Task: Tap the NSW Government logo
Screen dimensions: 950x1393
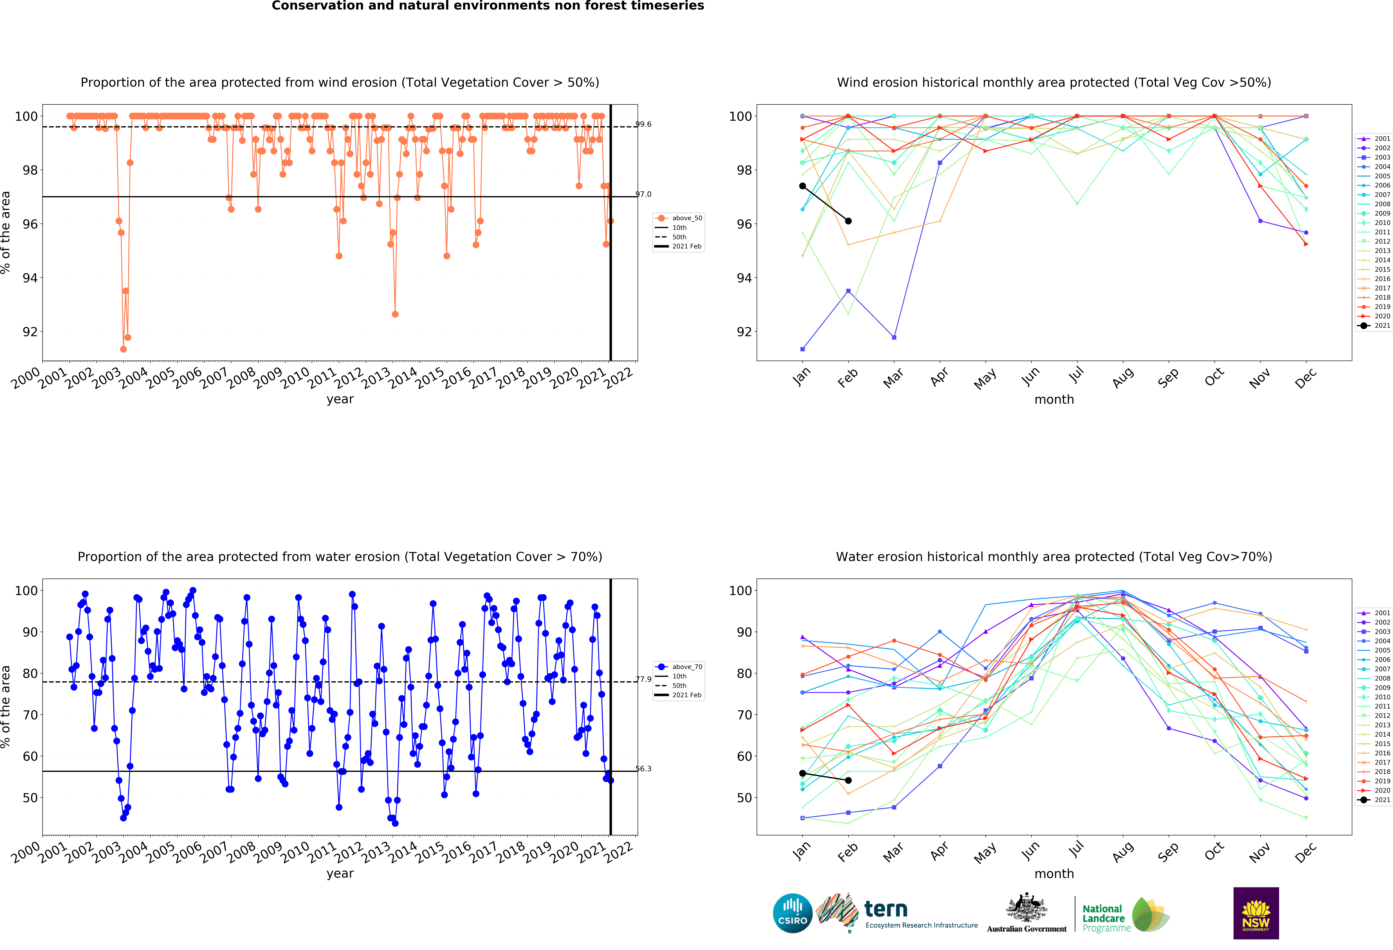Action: tap(1256, 913)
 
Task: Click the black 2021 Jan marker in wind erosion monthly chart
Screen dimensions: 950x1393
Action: tap(803, 186)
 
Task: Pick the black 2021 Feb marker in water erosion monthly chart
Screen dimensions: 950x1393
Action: tap(848, 780)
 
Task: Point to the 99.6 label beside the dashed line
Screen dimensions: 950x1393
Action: tap(643, 124)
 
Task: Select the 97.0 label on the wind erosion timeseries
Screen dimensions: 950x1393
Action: tap(643, 194)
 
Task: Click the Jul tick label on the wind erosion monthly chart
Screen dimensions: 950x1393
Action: tap(1077, 375)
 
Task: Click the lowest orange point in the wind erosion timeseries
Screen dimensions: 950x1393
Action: tap(124, 349)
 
